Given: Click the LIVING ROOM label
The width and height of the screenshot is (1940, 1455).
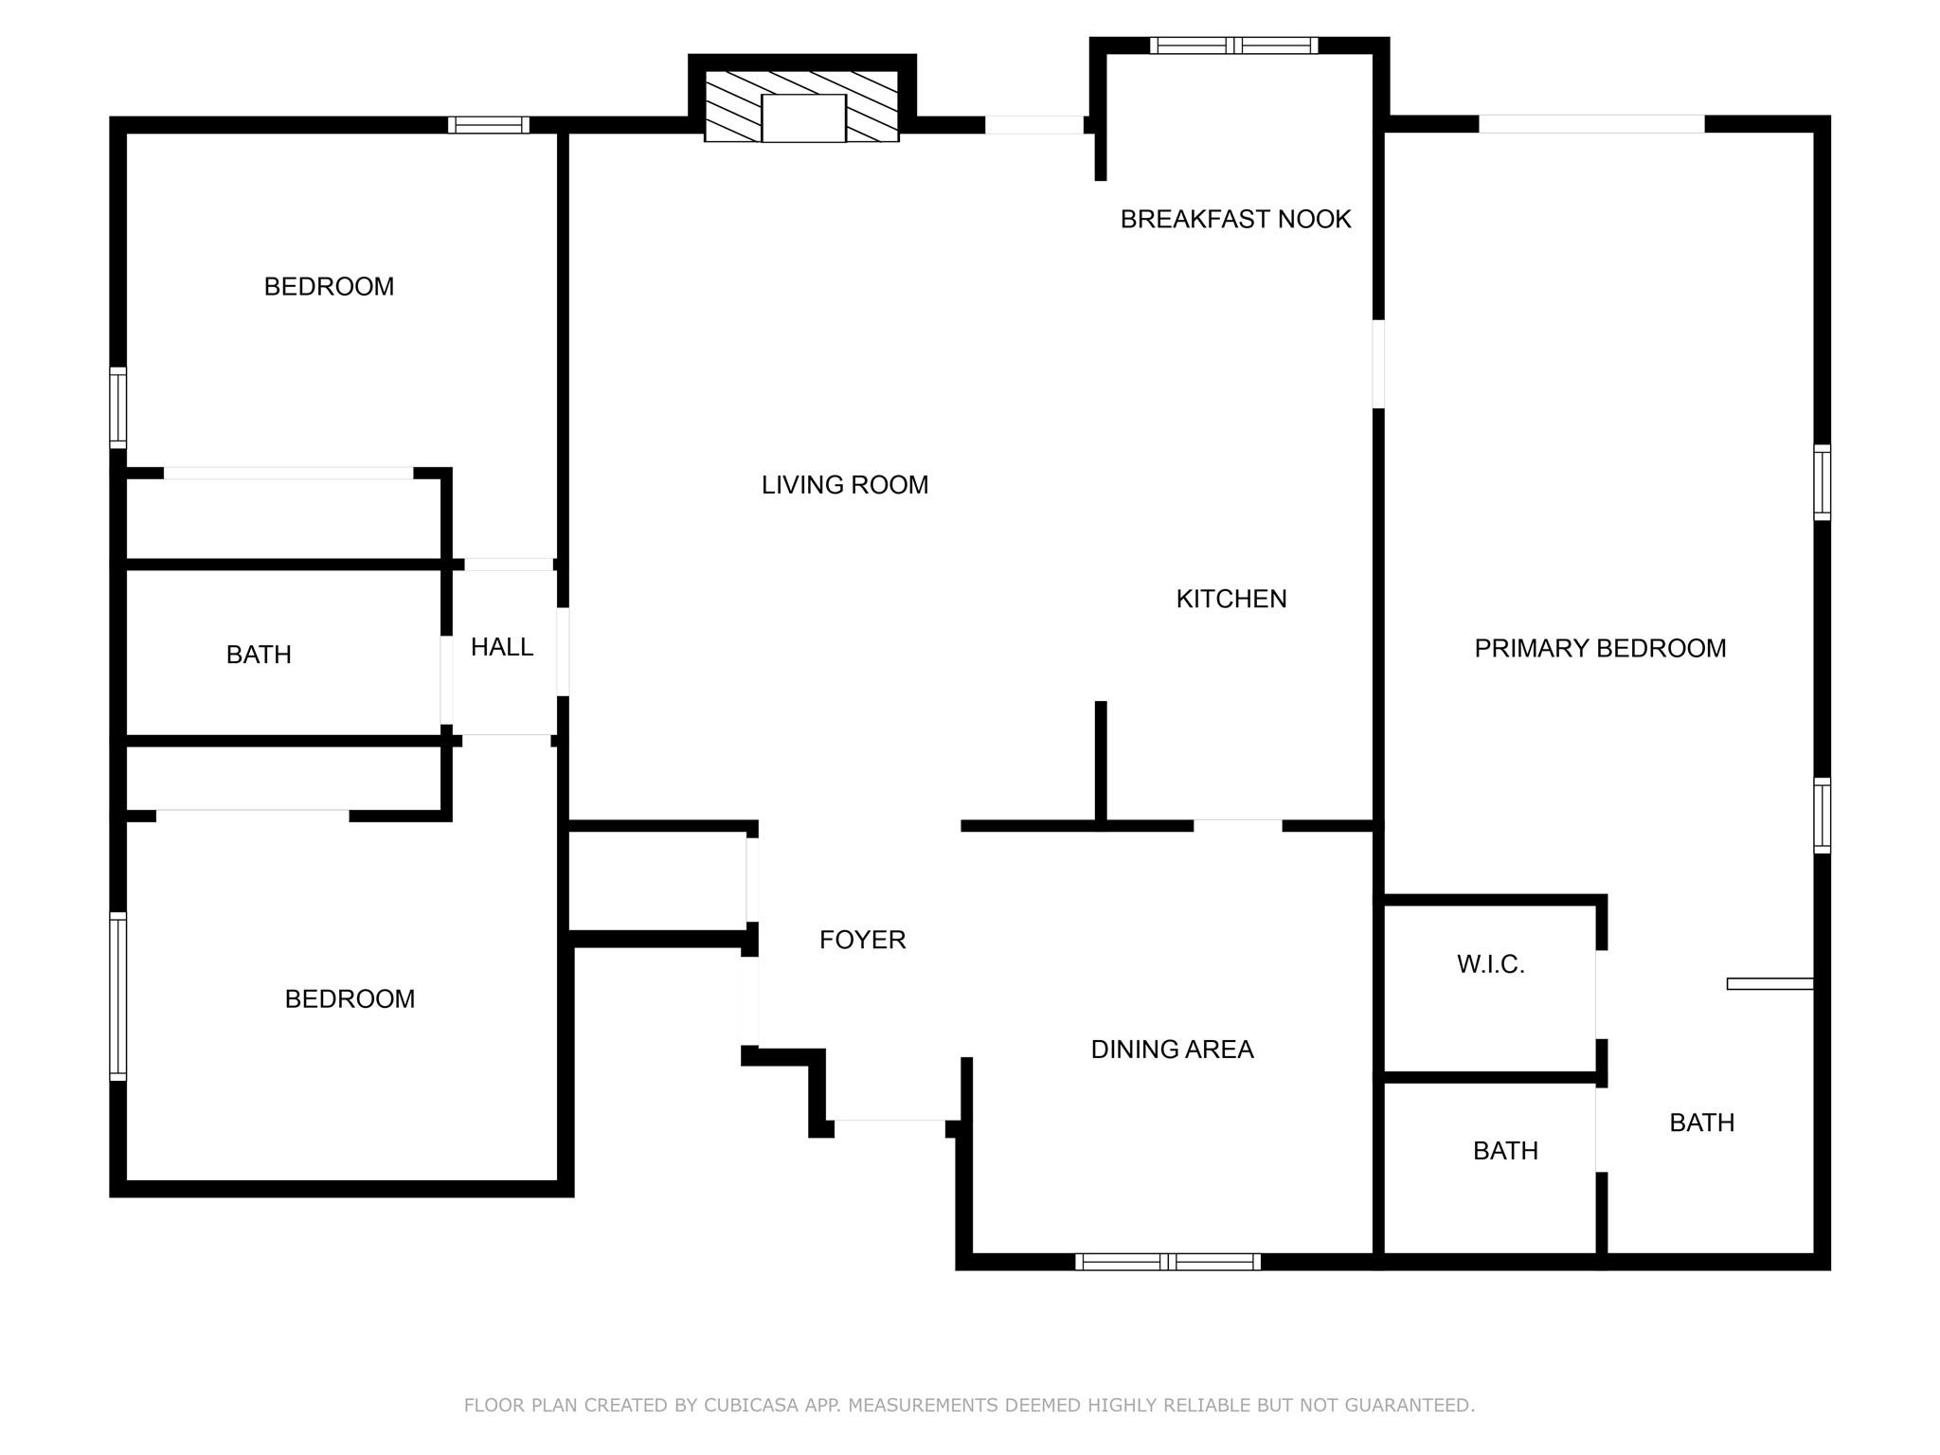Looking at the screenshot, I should (x=844, y=485).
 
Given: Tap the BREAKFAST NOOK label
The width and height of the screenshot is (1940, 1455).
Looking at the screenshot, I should (x=1234, y=219).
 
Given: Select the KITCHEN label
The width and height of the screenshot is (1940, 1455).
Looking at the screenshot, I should (x=1230, y=599).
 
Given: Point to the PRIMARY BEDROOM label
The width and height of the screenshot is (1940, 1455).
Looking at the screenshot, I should (x=1599, y=648).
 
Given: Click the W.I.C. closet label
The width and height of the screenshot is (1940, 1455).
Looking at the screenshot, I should (x=1489, y=964).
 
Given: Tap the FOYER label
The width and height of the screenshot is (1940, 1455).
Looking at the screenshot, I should (x=862, y=940).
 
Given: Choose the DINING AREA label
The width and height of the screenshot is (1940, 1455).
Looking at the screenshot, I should (x=1171, y=1050).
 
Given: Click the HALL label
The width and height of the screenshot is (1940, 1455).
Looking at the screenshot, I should (x=501, y=647).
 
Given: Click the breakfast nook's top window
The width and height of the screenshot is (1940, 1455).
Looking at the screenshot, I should (x=1232, y=45).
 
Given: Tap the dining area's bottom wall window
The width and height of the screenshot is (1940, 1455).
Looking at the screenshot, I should (x=1167, y=1261).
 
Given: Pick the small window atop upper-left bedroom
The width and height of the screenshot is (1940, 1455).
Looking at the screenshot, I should (x=488, y=125).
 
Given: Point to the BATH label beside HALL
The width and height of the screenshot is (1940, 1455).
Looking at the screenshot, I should (x=259, y=655).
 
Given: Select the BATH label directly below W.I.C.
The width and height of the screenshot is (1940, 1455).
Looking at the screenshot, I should (x=1504, y=1151).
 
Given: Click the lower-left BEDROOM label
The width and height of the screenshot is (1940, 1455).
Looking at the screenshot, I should (x=350, y=998).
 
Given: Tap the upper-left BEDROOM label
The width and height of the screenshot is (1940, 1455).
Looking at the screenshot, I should (x=329, y=286).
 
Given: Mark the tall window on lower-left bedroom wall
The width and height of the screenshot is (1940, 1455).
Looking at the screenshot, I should (x=117, y=996).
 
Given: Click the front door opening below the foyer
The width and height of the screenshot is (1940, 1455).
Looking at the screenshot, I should (x=889, y=1126).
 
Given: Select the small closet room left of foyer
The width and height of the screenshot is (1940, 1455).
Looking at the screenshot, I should (x=656, y=882).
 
